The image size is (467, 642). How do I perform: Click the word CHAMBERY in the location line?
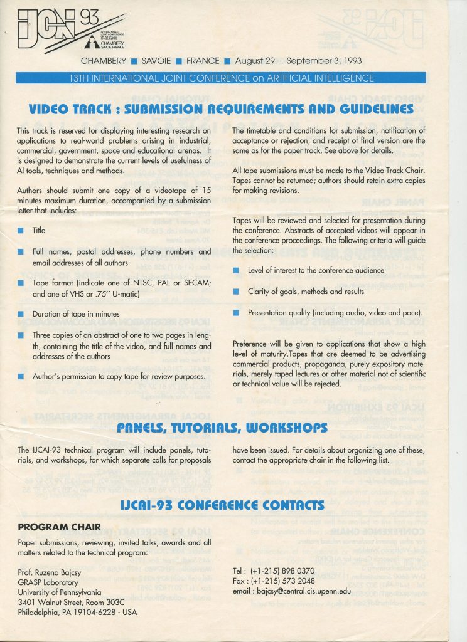click(104, 61)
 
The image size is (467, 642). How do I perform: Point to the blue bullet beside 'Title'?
click(21, 231)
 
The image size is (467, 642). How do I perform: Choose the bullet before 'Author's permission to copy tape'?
click(21, 376)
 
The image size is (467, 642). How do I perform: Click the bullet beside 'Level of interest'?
click(236, 271)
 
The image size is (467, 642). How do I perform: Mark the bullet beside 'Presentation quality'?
click(236, 312)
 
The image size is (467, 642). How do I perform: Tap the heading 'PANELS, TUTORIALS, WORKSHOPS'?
click(223, 428)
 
